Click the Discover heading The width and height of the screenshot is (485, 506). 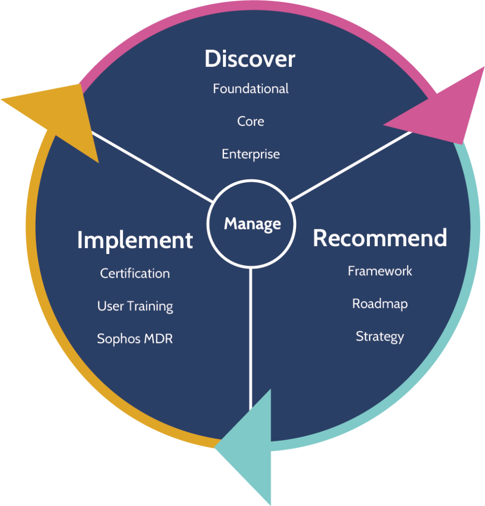[x=250, y=59]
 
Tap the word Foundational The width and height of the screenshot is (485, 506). [x=251, y=89]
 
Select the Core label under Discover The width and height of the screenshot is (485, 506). [x=251, y=121]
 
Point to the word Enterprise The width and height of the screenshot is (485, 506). [x=251, y=154]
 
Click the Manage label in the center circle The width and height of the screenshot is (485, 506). [x=252, y=224]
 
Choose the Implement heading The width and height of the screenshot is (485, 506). [x=135, y=240]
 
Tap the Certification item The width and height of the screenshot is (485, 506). [x=135, y=273]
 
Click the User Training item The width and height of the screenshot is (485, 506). [x=135, y=306]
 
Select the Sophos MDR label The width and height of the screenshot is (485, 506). [x=135, y=339]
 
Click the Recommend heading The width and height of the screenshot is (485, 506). [x=380, y=238]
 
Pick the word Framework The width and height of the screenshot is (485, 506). [x=380, y=271]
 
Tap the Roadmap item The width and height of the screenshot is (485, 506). [x=380, y=303]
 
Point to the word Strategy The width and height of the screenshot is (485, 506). [x=380, y=337]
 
